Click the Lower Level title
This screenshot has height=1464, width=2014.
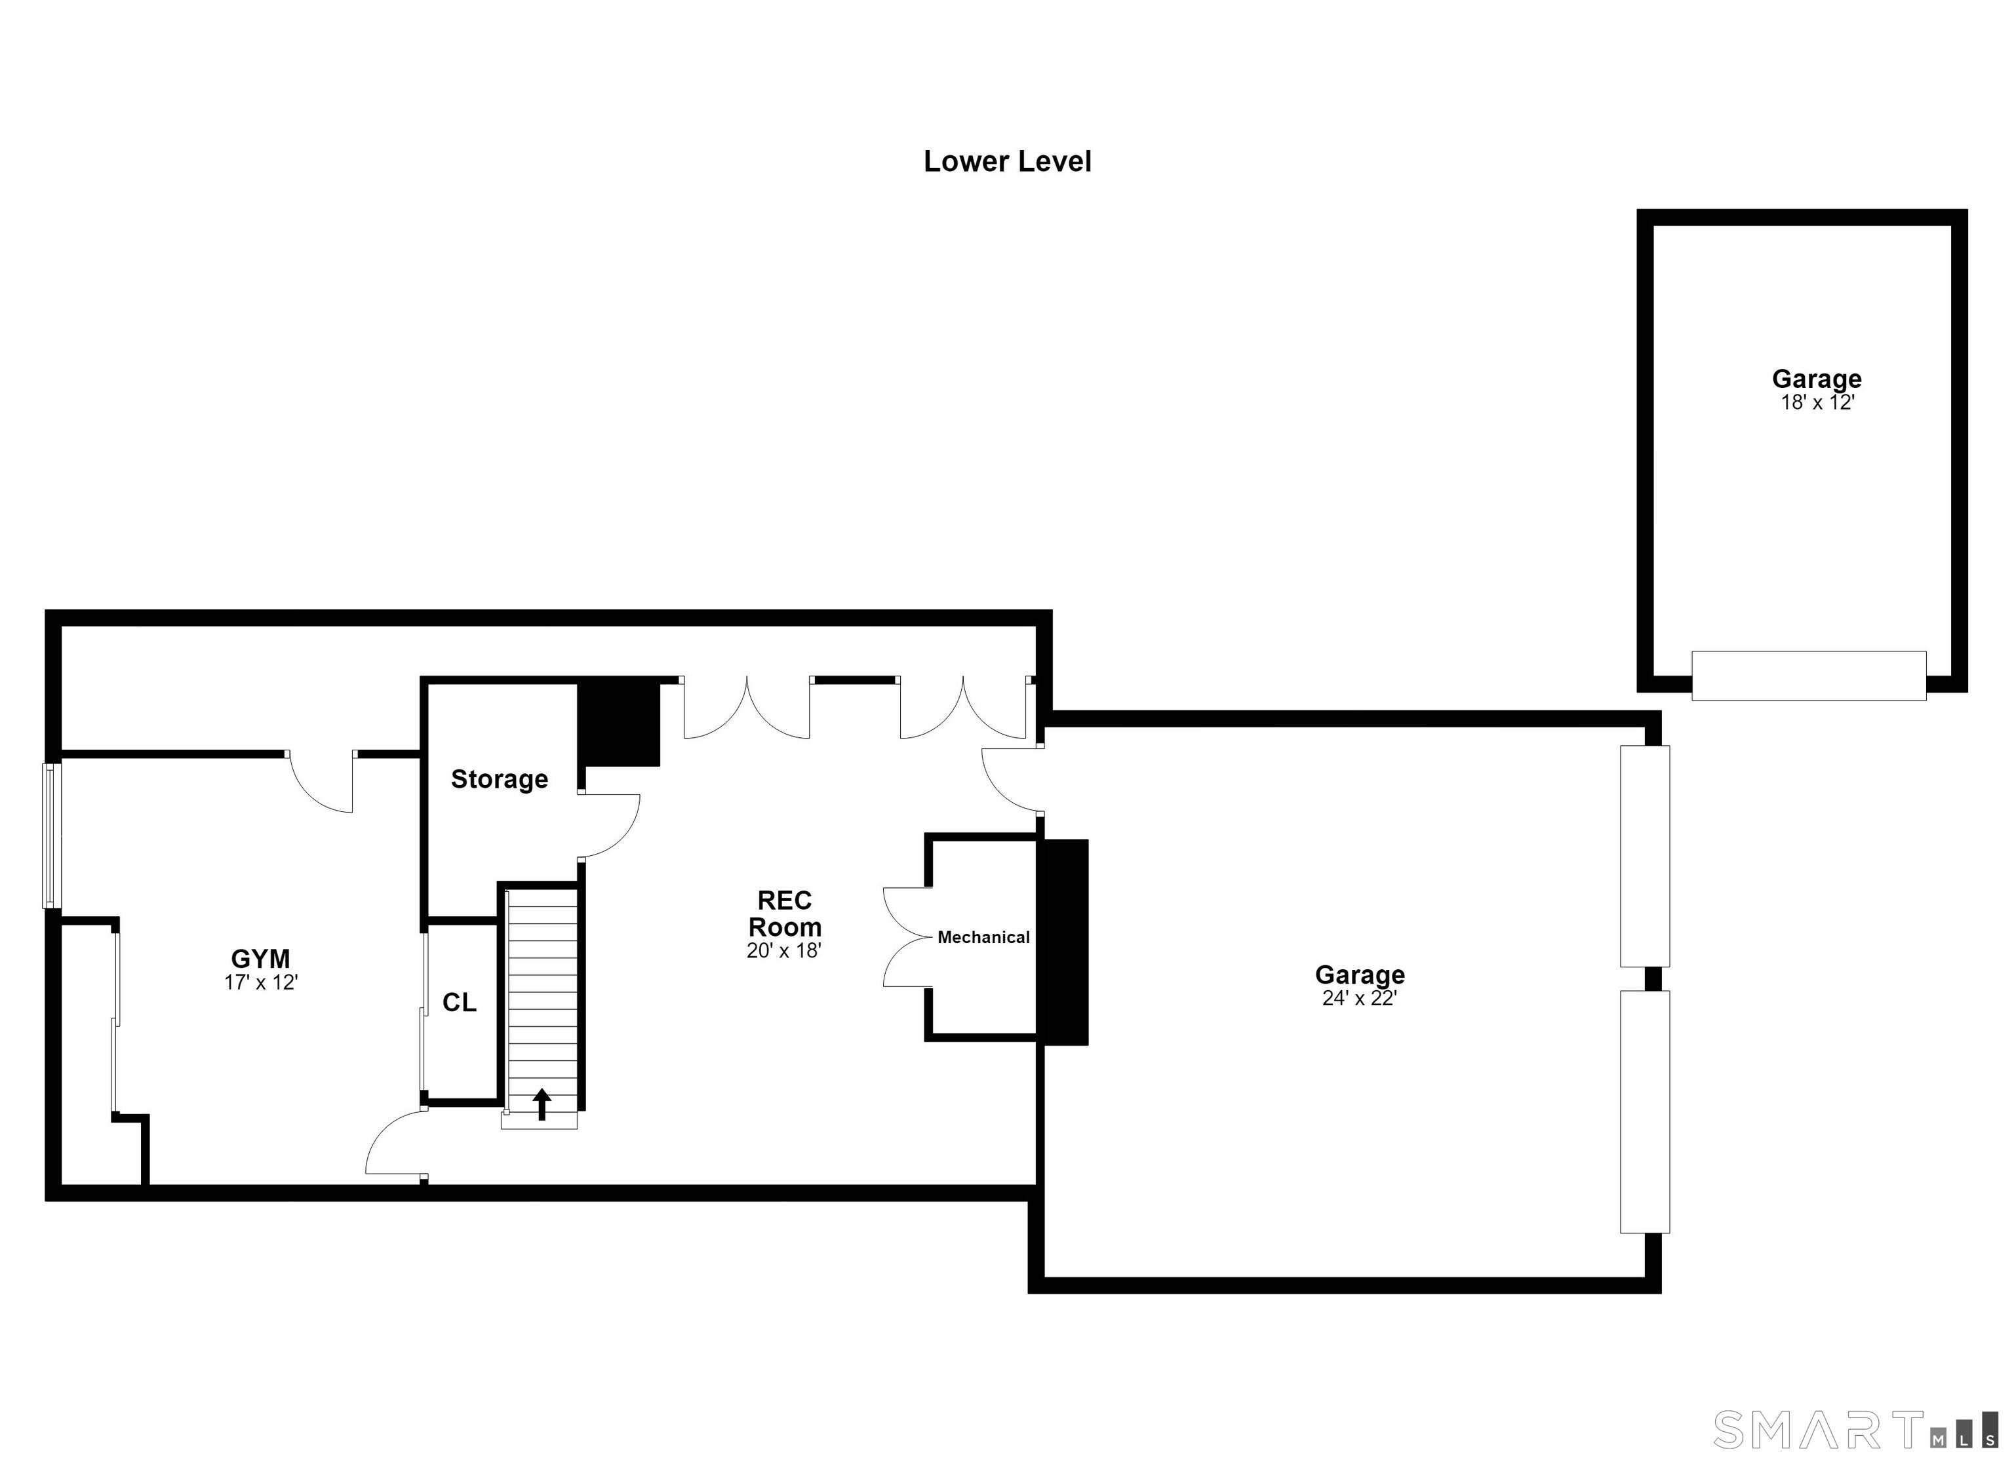[1007, 162]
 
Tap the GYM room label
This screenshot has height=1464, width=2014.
[260, 959]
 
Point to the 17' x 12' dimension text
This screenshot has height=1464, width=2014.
[260, 983]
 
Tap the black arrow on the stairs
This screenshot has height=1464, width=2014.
[542, 1104]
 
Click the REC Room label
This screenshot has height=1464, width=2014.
[785, 914]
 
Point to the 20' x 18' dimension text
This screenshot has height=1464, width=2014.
[784, 951]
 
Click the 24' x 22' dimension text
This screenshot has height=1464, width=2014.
[1360, 999]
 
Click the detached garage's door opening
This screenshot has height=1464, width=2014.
[1809, 676]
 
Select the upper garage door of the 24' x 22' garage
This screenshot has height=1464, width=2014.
[1645, 856]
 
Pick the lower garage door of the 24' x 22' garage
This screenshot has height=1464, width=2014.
[1645, 1111]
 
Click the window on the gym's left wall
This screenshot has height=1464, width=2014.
[52, 836]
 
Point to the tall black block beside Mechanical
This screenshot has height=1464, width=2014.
[1063, 942]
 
